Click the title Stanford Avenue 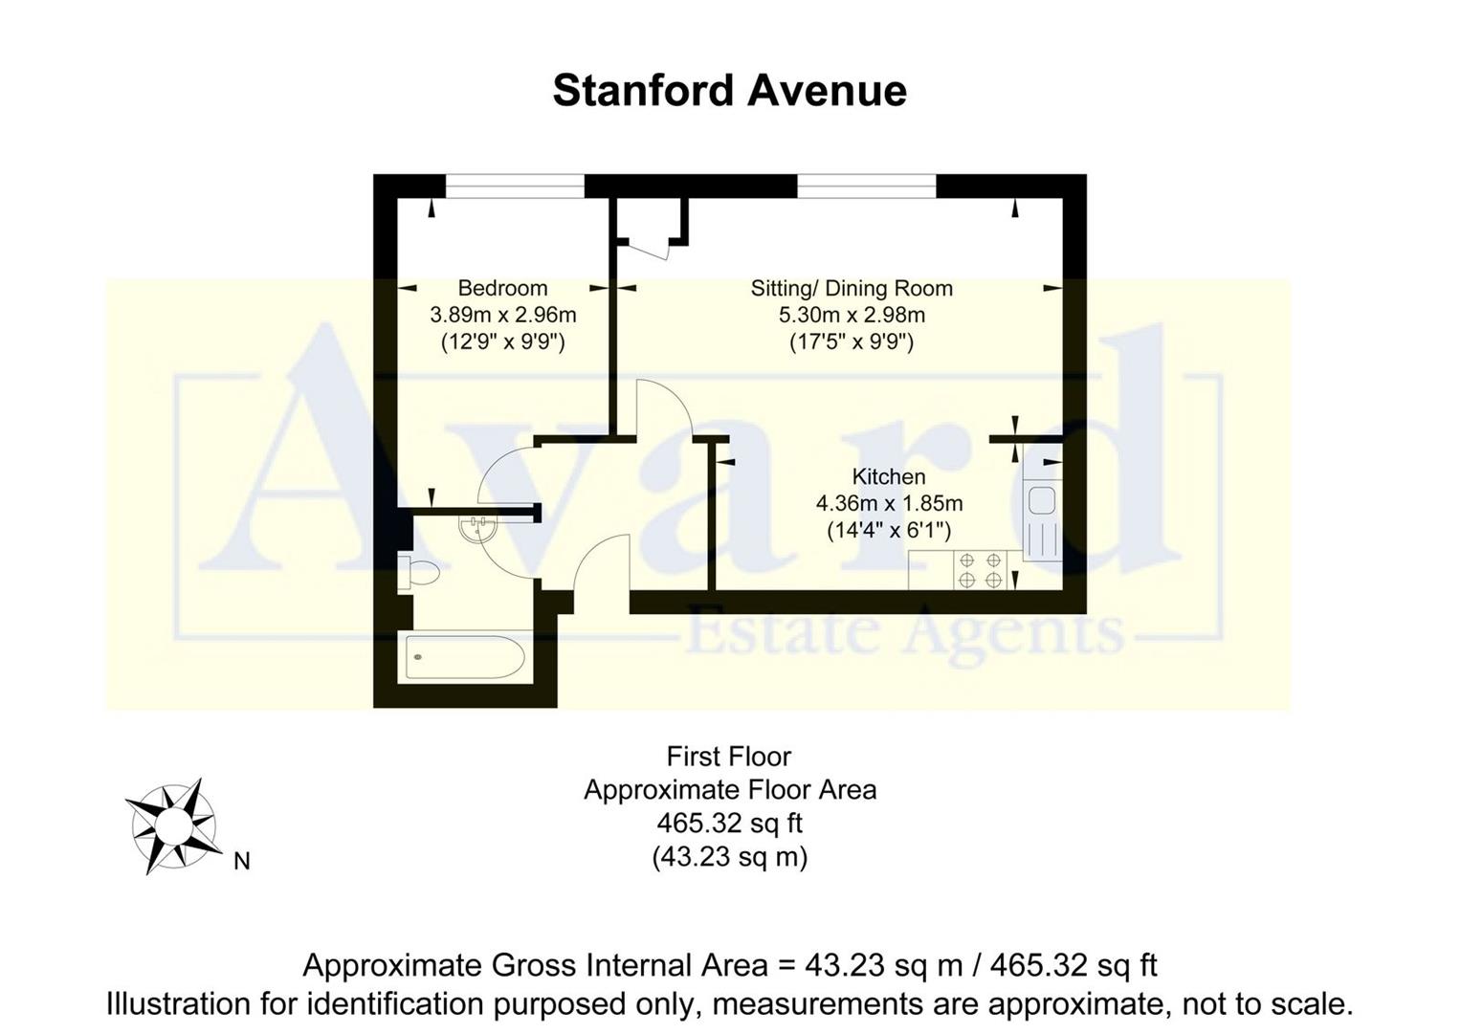729,91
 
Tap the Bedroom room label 502,288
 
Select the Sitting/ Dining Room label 852,288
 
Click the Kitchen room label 889,476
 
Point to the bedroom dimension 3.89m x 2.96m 502,314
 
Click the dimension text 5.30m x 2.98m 852,314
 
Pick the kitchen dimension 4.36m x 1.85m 889,503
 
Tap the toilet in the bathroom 419,573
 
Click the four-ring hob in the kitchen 980,570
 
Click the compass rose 172,824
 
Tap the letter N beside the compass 242,861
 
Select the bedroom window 515,187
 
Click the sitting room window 866,187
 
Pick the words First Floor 729,757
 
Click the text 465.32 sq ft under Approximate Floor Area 729,823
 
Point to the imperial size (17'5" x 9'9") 852,341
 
